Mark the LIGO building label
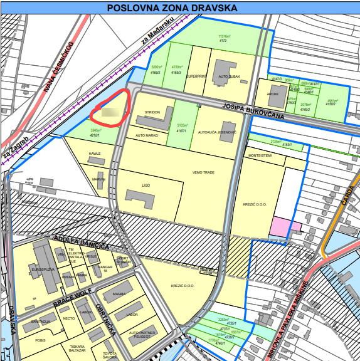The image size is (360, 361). [x=146, y=186]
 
